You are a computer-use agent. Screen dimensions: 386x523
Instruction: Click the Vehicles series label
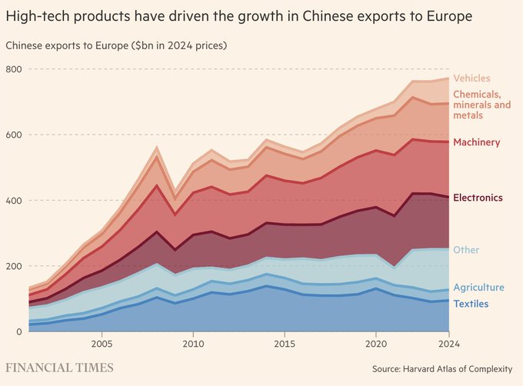tap(471, 78)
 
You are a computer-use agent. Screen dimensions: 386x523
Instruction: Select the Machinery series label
tap(476, 142)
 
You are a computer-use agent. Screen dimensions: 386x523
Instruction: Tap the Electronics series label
tap(478, 198)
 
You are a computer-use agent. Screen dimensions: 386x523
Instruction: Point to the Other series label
tap(465, 251)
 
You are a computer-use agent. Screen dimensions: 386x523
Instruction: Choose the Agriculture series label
tap(478, 288)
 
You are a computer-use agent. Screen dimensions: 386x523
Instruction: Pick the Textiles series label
tap(471, 304)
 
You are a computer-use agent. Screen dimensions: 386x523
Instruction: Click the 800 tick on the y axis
tap(13, 69)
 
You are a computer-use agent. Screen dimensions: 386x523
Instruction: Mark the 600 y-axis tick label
tap(13, 135)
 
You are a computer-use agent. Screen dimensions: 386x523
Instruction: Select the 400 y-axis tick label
tap(13, 201)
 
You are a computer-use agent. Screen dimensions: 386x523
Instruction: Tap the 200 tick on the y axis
tap(13, 266)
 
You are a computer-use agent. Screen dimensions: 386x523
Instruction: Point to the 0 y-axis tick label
tap(18, 331)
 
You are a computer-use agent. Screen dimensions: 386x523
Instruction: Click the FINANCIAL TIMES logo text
tap(59, 368)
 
